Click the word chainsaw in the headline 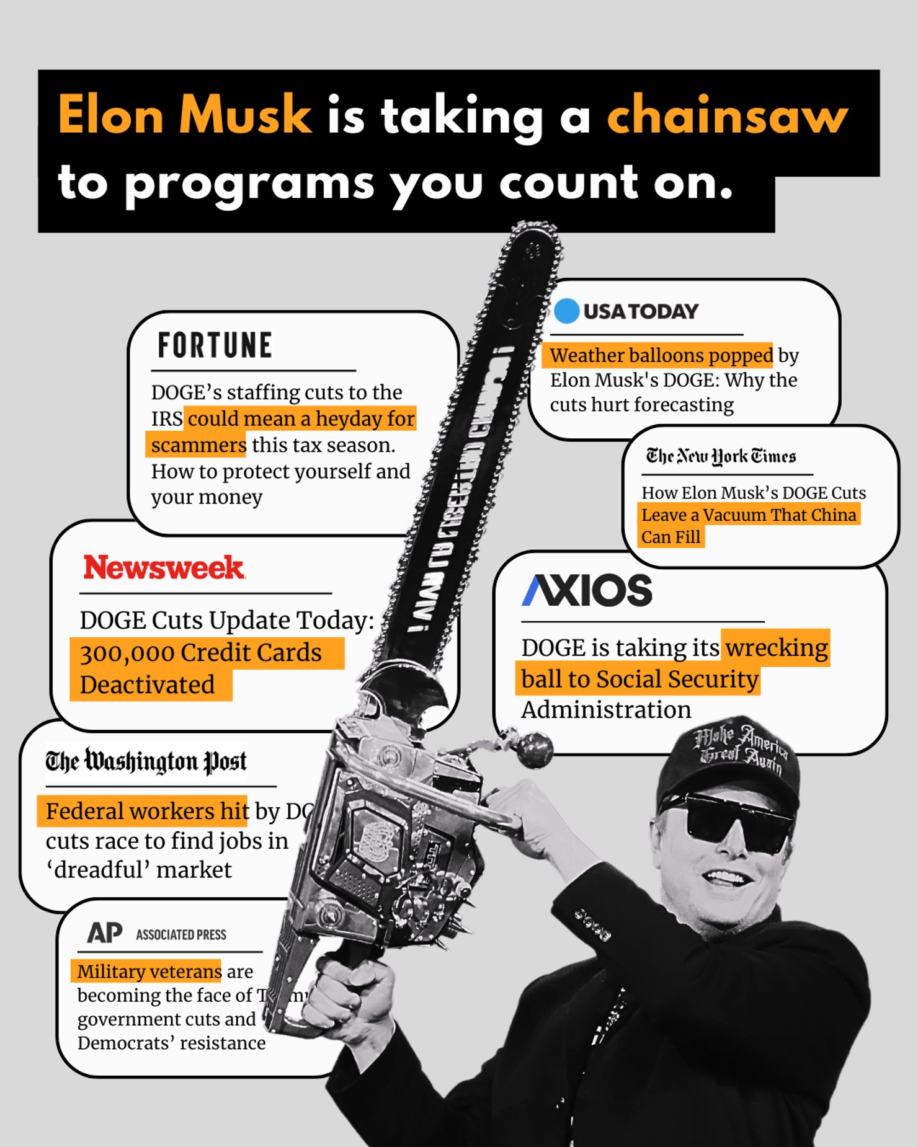(x=727, y=116)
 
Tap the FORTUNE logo (x=215, y=345)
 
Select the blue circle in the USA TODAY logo (x=566, y=311)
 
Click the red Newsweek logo (x=164, y=568)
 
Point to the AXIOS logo (x=587, y=590)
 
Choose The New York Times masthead (x=721, y=457)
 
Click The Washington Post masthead (x=146, y=761)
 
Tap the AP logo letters (x=104, y=932)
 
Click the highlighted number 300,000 (x=127, y=653)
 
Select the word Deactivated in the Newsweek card (x=147, y=685)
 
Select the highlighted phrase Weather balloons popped (x=661, y=355)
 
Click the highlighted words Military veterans (x=149, y=971)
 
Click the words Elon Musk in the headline (x=185, y=116)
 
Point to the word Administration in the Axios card (x=606, y=710)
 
